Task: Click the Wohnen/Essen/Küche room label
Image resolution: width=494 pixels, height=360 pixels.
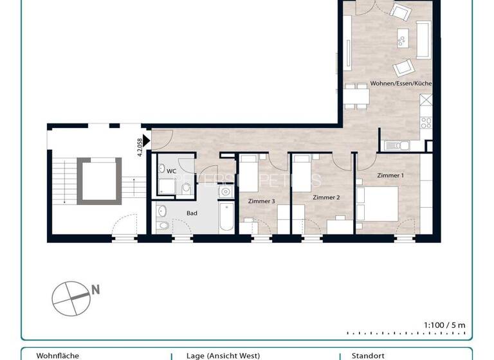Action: (x=401, y=84)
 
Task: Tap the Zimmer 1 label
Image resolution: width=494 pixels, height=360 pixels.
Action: (x=390, y=175)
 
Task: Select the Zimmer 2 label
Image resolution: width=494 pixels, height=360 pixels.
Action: (x=326, y=197)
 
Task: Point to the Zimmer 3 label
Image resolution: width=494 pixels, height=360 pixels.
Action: (x=262, y=201)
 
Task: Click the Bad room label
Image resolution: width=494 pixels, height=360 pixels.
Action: (x=192, y=213)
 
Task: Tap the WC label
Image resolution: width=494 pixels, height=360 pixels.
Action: (x=171, y=172)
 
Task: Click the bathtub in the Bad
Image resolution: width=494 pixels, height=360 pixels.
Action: (x=226, y=218)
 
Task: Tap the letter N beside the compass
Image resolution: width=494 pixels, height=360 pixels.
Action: (x=95, y=289)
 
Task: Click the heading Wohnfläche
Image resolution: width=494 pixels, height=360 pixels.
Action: (x=56, y=355)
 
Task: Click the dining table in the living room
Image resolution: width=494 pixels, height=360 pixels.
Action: (x=356, y=96)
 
